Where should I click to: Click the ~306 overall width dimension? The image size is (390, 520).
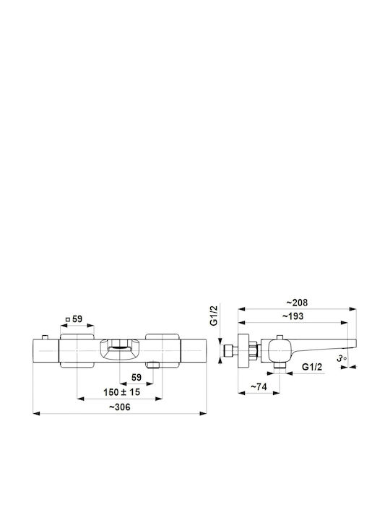[120, 407]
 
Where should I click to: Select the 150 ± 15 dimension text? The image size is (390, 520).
[121, 392]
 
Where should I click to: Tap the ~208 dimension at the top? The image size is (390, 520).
[297, 303]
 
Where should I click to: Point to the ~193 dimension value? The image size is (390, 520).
[292, 316]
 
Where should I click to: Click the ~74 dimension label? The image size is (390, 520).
[259, 386]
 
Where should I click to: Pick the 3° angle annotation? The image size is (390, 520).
[342, 358]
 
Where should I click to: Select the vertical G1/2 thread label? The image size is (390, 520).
[215, 316]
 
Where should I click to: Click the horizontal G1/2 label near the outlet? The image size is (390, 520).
[312, 367]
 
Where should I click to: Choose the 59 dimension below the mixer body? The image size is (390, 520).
[136, 378]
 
